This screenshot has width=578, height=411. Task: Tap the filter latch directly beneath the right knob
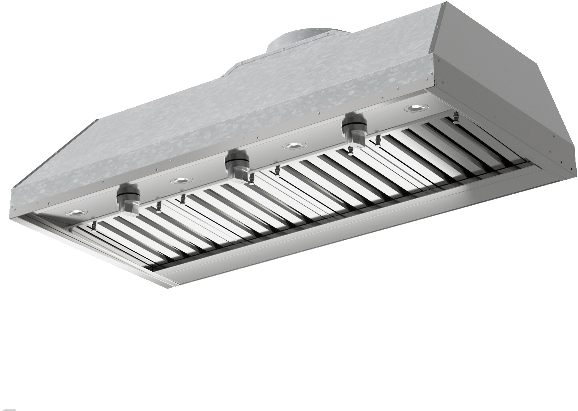coord(350,153)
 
